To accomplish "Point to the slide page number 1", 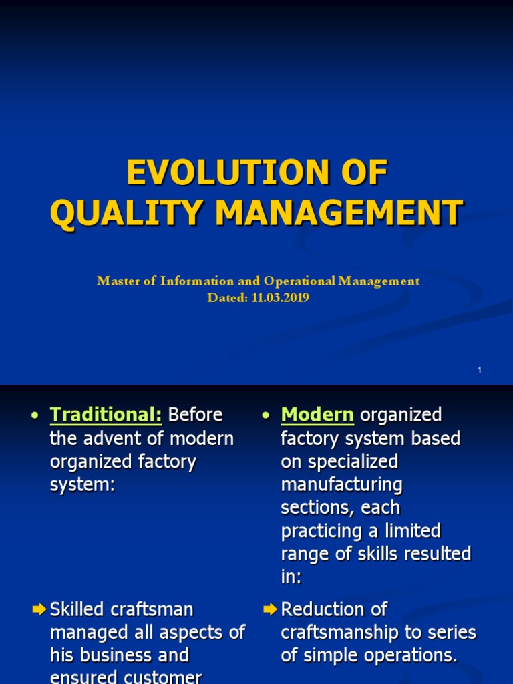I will pos(480,370).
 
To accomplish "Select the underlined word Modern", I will pos(317,415).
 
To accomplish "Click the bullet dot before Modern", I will pos(266,416).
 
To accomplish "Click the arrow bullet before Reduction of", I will pos(271,609).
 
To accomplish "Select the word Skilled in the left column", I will pos(75,609).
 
